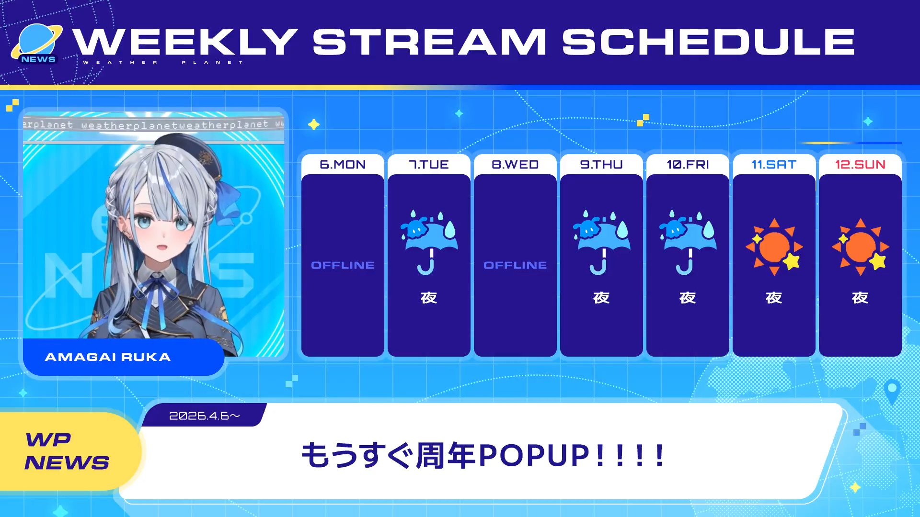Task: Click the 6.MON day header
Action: point(343,165)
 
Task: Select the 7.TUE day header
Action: point(429,165)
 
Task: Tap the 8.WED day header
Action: point(515,165)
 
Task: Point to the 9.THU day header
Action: point(601,165)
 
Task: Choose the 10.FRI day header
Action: point(688,165)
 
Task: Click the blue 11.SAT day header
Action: point(774,165)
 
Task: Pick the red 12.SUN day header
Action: point(860,165)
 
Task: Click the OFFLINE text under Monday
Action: point(343,265)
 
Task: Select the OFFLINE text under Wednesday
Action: point(515,265)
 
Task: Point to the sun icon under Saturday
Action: point(774,247)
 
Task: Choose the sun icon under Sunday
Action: point(860,247)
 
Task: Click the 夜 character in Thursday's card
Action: point(601,298)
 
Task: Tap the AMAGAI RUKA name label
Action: point(108,357)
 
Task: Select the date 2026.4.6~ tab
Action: point(205,416)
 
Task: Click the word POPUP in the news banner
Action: point(534,455)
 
